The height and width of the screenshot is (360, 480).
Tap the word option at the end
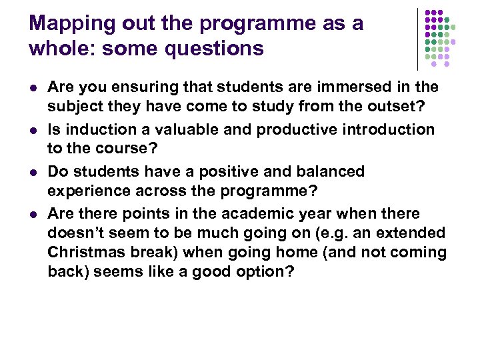266,272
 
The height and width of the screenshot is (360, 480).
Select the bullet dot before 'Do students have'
33,172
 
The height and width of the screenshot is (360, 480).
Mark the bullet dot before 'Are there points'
33,215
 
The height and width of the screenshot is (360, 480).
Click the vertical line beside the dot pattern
417,39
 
